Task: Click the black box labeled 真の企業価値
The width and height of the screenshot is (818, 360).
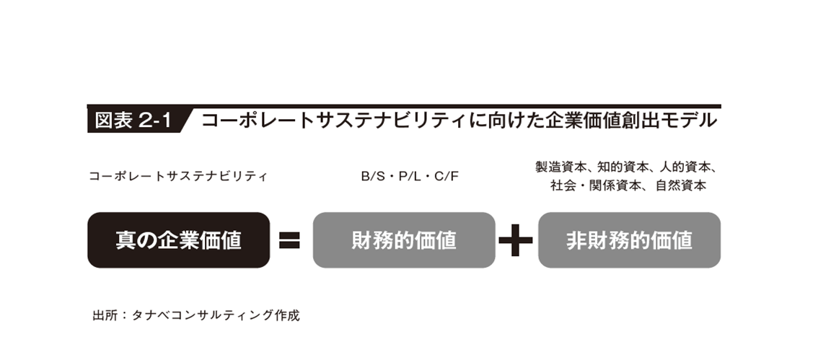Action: pos(178,240)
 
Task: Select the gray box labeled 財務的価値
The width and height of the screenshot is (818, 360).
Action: pos(404,240)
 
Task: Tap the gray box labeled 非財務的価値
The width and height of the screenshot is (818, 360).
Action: pos(629,240)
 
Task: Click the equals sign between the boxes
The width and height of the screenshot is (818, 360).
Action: pos(289,240)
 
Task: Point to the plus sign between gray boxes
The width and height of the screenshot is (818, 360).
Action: pos(516,240)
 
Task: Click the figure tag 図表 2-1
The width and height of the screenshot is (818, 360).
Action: pos(133,121)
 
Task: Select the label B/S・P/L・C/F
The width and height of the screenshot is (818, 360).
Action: pos(410,176)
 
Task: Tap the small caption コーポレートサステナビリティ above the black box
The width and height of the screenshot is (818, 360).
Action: pos(178,176)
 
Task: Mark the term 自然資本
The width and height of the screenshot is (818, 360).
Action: pos(680,185)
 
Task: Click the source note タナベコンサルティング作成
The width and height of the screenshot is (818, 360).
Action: pos(216,315)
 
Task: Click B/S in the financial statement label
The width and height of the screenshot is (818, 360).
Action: pos(373,176)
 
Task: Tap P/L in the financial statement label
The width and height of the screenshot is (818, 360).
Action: pos(410,176)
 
